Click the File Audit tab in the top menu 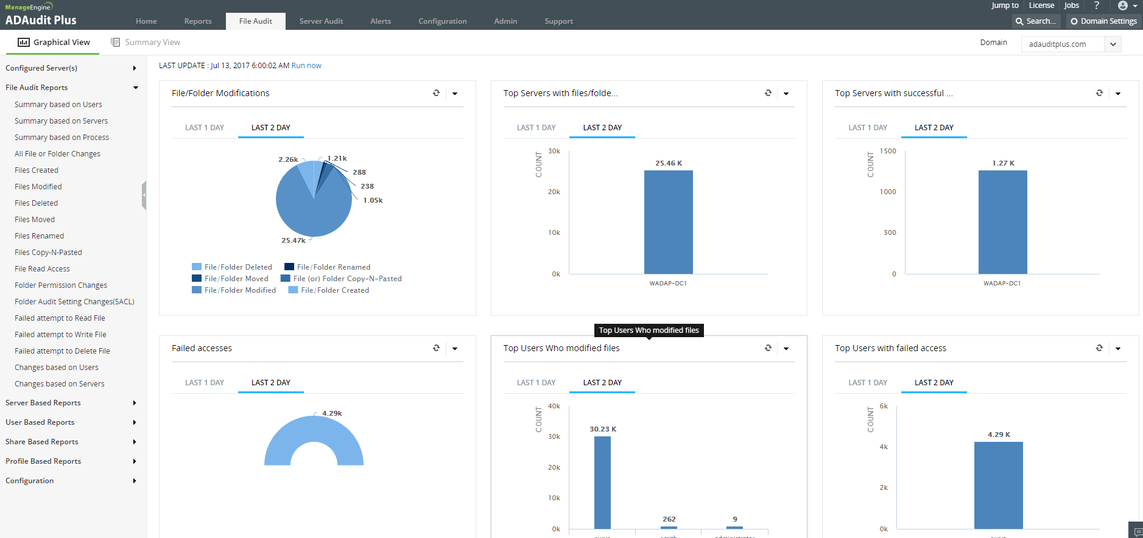[x=255, y=21]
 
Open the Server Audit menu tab [x=321, y=21]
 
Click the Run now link [x=306, y=66]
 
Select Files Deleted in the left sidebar [x=37, y=203]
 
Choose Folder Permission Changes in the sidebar [x=61, y=285]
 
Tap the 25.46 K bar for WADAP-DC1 [x=668, y=222]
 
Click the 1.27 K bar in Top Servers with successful [x=1002, y=222]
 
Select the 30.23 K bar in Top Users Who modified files [x=602, y=482]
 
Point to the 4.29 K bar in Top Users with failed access [x=998, y=485]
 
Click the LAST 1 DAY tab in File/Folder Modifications [x=205, y=128]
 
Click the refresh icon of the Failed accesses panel [x=436, y=348]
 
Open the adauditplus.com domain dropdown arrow [x=1113, y=44]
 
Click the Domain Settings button [x=1103, y=21]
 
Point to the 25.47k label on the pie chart [x=294, y=240]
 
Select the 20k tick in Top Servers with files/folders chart [x=554, y=192]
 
